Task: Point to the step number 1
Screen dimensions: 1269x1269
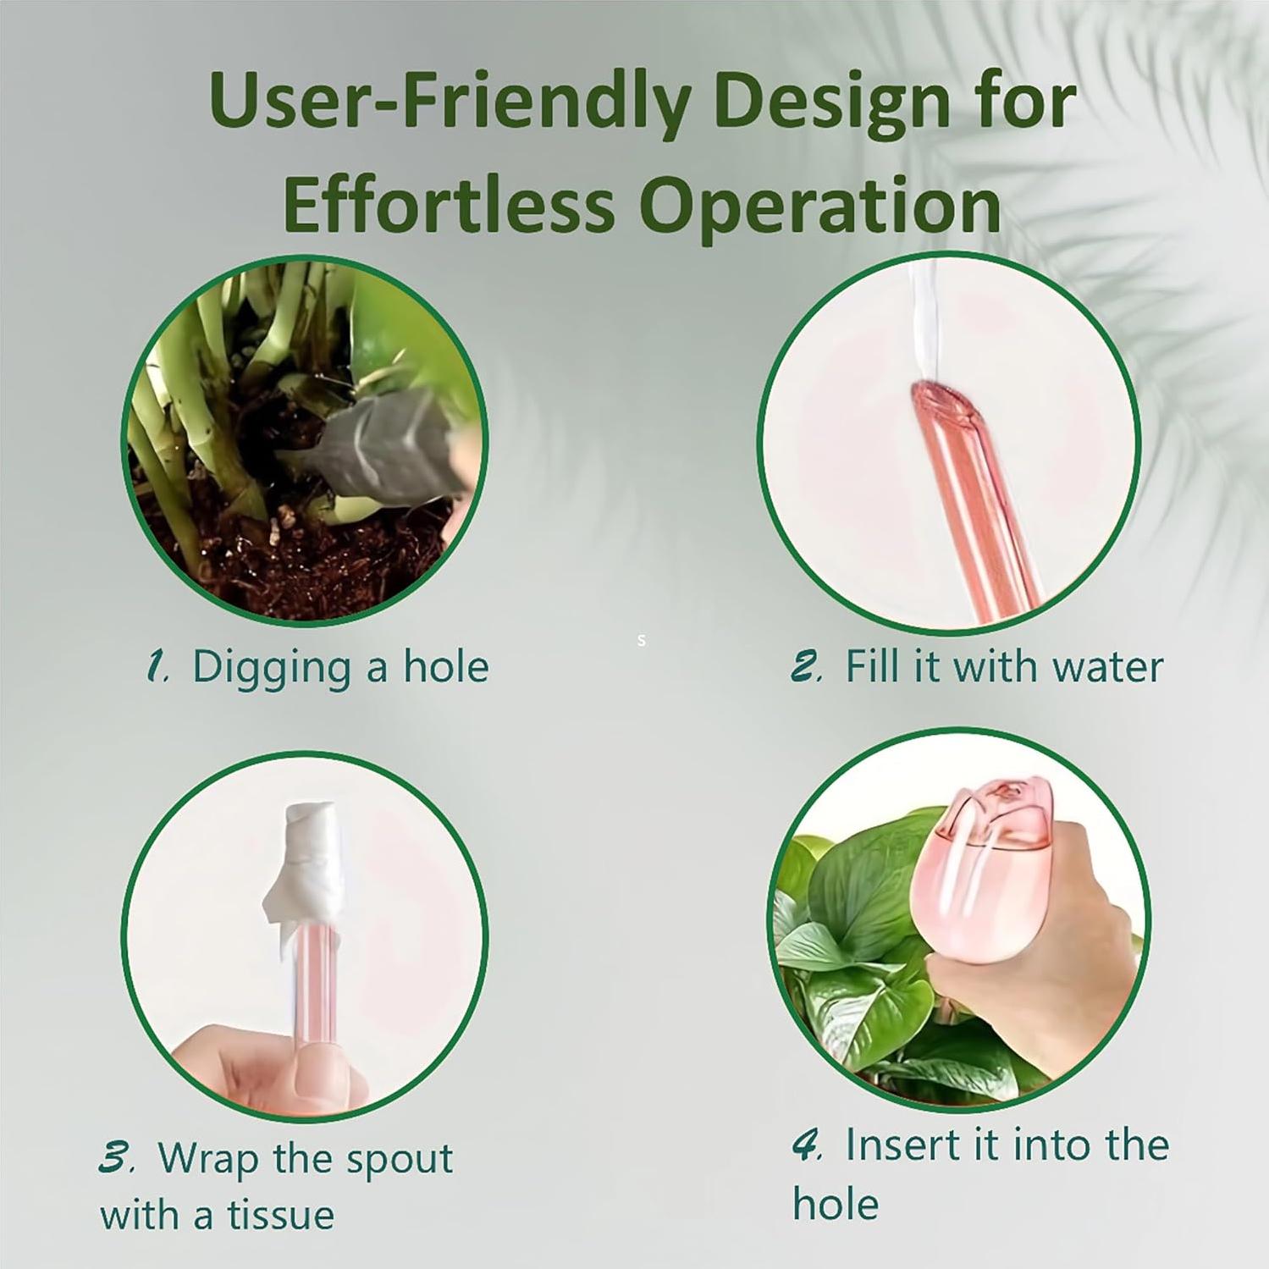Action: pyautogui.click(x=157, y=666)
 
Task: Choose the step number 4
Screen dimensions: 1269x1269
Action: pyautogui.click(x=807, y=1145)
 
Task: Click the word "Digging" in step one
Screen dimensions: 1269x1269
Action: pyautogui.click(x=271, y=668)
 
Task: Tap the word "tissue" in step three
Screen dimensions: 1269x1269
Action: pyautogui.click(x=280, y=1216)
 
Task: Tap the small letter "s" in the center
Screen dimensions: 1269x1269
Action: pyautogui.click(x=642, y=641)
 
